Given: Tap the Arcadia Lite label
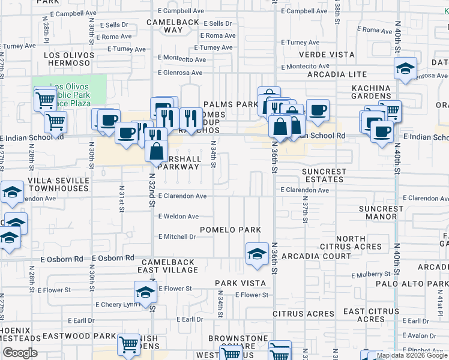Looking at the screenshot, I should pyautogui.click(x=336, y=75).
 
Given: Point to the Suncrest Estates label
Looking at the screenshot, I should pyautogui.click(x=324, y=175).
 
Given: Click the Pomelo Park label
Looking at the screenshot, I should pyautogui.click(x=231, y=230).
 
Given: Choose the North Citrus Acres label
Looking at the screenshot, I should pyautogui.click(x=359, y=243).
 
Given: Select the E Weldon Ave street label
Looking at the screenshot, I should pyautogui.click(x=178, y=217).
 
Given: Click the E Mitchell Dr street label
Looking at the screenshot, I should pyautogui.click(x=177, y=237).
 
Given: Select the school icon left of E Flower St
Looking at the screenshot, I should pyautogui.click(x=145, y=293).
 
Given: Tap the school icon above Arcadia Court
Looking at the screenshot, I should pyautogui.click(x=257, y=253).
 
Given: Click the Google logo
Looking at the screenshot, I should pyautogui.click(x=20, y=353).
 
